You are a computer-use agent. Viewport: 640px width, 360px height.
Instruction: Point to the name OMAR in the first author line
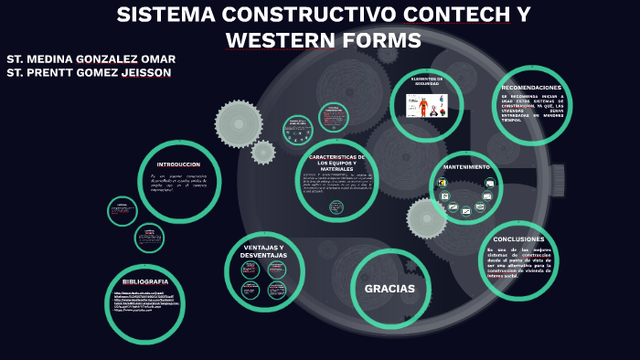pos(159,58)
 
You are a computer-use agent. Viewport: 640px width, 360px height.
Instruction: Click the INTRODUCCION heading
pos(178,164)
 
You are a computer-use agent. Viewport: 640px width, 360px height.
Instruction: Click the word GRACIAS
pos(390,289)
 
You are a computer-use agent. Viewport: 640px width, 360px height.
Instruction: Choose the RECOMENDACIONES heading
pos(531,88)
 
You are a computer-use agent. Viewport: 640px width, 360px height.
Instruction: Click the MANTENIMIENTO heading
pos(466,167)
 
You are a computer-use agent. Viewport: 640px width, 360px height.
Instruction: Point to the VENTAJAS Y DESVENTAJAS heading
pos(263,251)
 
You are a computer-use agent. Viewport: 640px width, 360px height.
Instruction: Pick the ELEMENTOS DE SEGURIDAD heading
pos(427,81)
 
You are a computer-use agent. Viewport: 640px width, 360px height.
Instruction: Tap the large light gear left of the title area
pos(239,123)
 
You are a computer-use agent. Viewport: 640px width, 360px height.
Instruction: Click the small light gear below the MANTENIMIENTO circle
pos(427,218)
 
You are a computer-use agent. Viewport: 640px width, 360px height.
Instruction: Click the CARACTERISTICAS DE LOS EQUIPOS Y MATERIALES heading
pos(336,162)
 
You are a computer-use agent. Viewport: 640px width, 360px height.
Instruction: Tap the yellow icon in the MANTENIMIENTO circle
pos(443,182)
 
